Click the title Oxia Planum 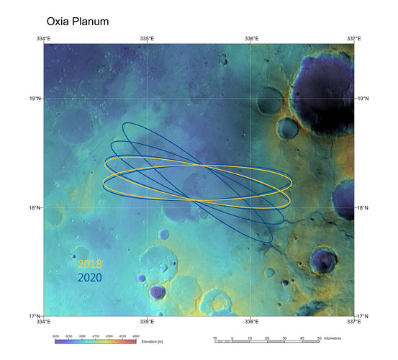pos(77,21)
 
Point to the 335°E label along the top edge pos(147,38)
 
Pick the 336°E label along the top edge pos(251,38)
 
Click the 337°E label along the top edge pos(353,38)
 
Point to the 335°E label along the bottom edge pos(147,322)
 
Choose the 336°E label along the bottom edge pos(251,322)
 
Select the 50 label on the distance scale pos(319,337)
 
